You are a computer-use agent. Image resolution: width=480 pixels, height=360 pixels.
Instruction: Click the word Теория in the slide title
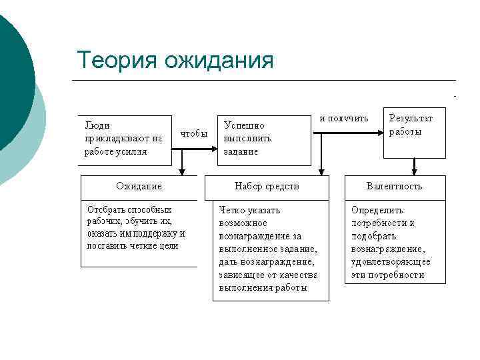click(117, 60)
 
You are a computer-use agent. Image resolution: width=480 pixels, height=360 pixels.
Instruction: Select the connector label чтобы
click(194, 133)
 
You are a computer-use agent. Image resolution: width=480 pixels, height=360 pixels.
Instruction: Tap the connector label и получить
click(343, 118)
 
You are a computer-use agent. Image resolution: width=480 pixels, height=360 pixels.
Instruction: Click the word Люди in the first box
click(97, 125)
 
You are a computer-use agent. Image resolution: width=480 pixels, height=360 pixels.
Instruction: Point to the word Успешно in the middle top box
click(244, 125)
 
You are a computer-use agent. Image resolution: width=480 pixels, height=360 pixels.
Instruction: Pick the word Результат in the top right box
click(411, 118)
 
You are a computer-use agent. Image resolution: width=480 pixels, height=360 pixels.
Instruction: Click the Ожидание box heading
click(139, 186)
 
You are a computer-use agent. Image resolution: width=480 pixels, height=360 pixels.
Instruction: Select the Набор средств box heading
click(267, 186)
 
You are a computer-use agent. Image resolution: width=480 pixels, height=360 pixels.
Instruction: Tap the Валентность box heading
click(395, 186)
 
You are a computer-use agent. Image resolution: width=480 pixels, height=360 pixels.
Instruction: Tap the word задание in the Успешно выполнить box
click(241, 151)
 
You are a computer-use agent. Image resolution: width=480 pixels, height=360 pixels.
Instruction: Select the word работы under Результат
click(405, 131)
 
